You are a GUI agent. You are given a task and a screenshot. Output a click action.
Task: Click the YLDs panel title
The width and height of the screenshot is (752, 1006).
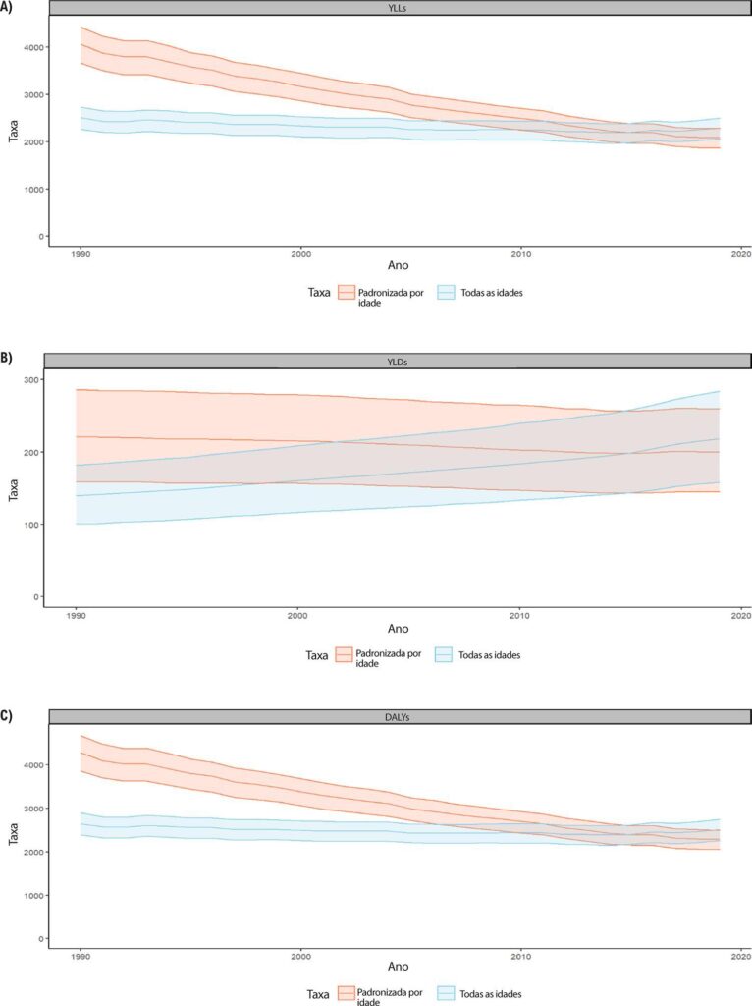point(399,362)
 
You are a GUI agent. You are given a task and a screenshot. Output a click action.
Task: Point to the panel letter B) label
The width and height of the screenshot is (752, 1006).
point(6,358)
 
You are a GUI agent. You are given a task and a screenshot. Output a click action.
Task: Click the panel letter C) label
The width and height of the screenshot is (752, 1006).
point(6,715)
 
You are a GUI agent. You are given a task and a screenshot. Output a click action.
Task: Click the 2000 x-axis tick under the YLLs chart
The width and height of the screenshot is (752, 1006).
point(300,254)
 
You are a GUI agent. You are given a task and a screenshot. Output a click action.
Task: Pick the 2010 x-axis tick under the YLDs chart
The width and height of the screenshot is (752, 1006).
point(518,617)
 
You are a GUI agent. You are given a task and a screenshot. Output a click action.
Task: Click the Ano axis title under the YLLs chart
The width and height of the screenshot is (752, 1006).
point(399,265)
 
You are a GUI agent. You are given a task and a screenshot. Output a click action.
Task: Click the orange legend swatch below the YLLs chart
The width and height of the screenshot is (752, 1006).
point(347,293)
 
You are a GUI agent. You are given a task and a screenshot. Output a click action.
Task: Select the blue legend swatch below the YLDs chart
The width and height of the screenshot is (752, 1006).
point(445,655)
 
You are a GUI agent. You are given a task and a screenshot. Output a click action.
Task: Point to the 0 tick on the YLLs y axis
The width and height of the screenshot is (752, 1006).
point(40,237)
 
